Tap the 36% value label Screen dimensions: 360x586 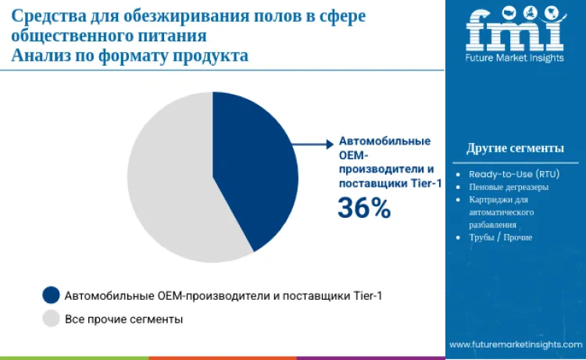[363, 208]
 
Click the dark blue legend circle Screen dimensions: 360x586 [52, 295]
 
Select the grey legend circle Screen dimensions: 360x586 [52, 319]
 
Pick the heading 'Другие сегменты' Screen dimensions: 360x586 [515, 148]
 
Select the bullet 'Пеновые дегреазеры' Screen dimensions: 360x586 [508, 187]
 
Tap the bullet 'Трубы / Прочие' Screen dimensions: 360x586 [500, 237]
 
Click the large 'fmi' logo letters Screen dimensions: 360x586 [514, 31]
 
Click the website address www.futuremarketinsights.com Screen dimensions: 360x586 [515, 344]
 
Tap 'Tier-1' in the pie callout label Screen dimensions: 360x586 [425, 183]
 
